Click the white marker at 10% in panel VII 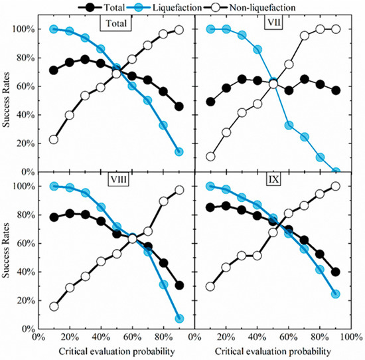[210, 157]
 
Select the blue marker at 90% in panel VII [336, 171]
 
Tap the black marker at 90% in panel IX [336, 272]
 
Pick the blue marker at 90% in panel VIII [179, 318]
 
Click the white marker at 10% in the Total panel [54, 139]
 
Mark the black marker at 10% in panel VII [210, 102]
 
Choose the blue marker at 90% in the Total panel [179, 151]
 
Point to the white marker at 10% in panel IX [210, 286]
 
